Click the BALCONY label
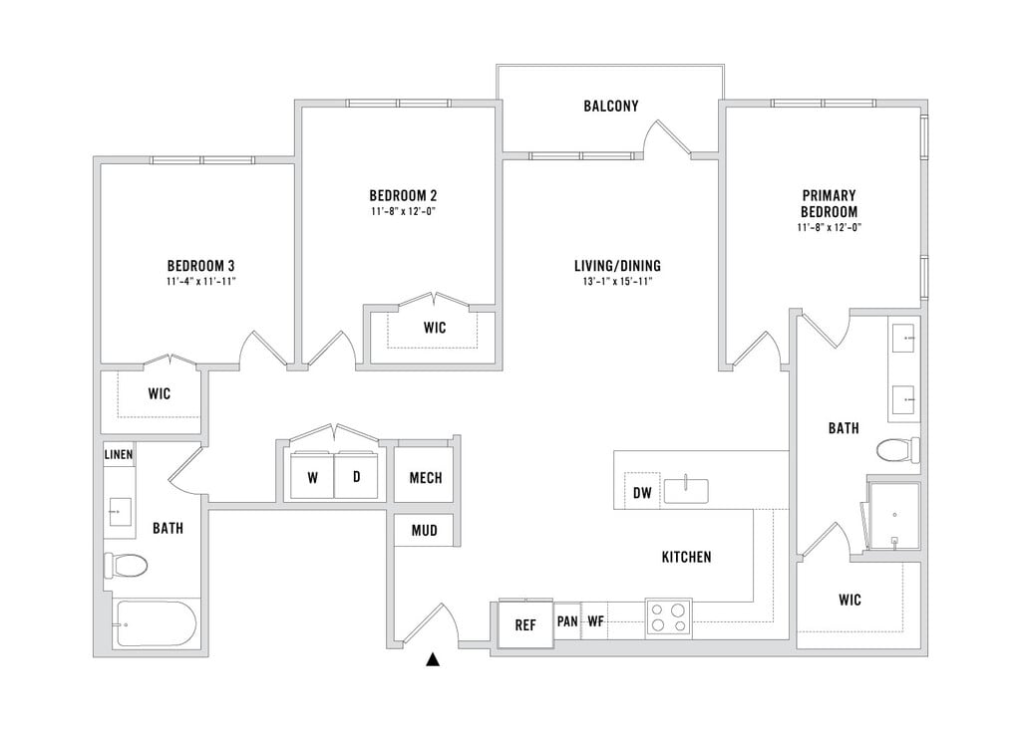610,106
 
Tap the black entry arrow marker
433,658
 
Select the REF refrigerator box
525,625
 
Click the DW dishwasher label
642,492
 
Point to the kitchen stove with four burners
668,617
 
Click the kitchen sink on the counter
686,490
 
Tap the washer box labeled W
312,478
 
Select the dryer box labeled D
356,478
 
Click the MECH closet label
425,478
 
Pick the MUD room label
425,530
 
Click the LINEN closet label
119,455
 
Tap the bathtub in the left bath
156,625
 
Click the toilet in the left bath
126,567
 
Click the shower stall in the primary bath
893,516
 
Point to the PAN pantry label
567,622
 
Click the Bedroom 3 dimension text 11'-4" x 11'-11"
200,282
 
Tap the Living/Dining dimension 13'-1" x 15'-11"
617,282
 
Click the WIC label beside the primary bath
850,600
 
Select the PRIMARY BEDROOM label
829,203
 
